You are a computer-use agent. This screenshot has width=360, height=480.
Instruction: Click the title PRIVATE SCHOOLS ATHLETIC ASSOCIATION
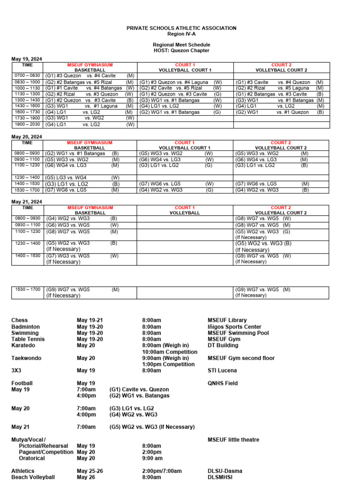click(x=181, y=29)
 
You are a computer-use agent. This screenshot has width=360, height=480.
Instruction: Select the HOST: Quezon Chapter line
click(x=181, y=51)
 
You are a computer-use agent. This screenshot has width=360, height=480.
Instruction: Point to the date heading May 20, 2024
click(x=27, y=136)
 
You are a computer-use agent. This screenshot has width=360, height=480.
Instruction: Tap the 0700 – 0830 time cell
click(x=27, y=75)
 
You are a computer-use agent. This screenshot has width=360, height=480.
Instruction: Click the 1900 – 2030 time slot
click(x=27, y=125)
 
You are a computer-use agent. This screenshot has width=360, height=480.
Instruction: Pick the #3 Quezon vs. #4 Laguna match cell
click(x=180, y=82)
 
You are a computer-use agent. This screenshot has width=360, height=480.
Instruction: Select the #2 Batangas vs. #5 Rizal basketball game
click(x=90, y=82)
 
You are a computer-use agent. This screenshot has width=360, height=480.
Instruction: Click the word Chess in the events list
click(x=19, y=320)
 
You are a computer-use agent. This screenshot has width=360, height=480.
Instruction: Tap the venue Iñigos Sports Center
click(x=234, y=327)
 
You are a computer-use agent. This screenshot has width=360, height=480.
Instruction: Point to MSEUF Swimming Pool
click(x=238, y=333)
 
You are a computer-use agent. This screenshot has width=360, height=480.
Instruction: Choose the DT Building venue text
click(x=223, y=345)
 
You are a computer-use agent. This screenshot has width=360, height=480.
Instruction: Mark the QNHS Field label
click(x=222, y=383)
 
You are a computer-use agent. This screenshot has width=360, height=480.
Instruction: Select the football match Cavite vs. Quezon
click(x=139, y=390)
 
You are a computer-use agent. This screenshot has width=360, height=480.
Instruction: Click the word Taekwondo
click(x=26, y=358)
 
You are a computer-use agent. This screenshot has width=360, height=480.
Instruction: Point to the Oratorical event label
click(x=32, y=458)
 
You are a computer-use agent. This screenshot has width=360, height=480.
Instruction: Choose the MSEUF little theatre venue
click(x=233, y=440)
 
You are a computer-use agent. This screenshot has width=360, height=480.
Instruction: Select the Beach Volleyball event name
click(x=33, y=477)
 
